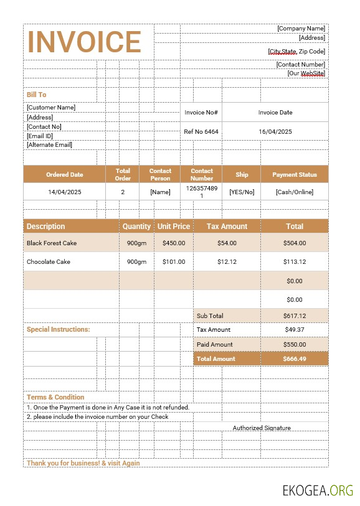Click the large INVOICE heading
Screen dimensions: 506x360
point(85,42)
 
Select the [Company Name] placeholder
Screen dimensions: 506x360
point(301,28)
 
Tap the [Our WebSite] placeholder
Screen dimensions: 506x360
point(306,73)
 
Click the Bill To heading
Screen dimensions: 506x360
point(36,95)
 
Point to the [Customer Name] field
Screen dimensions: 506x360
point(51,107)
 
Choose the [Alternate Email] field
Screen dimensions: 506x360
point(49,145)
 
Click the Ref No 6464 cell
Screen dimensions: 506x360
point(201,132)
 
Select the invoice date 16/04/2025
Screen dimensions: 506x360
point(275,132)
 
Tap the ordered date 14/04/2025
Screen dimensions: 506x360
point(65,192)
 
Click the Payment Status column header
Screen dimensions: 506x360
point(295,175)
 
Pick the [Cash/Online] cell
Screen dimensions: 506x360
point(295,192)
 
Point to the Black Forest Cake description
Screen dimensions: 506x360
point(52,243)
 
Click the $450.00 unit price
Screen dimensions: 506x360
point(174,243)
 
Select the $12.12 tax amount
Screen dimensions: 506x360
point(227,262)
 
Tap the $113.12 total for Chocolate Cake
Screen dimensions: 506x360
point(295,262)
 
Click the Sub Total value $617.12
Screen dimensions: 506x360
point(295,316)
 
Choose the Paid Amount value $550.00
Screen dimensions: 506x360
point(295,344)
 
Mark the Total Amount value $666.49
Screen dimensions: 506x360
point(295,359)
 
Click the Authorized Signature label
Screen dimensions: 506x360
point(262,428)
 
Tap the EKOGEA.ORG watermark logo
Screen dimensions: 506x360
point(318,490)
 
